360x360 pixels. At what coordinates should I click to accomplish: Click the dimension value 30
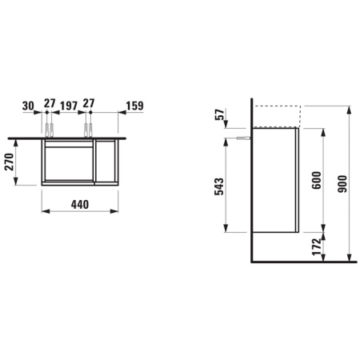pos(29,106)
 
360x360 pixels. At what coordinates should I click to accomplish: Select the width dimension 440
pos(78,205)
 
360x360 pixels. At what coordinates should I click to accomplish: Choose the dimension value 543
pos(220,186)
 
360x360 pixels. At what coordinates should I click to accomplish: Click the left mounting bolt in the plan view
pos(50,128)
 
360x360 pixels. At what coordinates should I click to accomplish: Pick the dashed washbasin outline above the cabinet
pos(276,115)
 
